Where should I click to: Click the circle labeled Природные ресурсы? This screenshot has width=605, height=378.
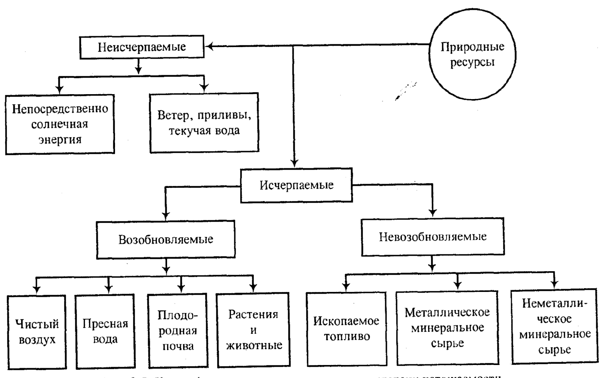pos(472,55)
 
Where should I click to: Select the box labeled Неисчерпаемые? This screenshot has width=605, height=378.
pos(142,47)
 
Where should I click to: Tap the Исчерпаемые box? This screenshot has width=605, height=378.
pos(296,185)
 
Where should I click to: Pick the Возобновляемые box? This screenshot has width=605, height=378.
pos(166,239)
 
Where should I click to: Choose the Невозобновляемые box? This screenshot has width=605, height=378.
pos(433,236)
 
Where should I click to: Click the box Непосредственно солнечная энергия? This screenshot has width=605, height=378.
pos(60,124)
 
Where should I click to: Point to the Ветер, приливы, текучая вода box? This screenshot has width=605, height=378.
pos(204,123)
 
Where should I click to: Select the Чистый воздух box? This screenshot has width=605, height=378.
pos(37,332)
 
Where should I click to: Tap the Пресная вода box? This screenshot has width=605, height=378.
pos(105,331)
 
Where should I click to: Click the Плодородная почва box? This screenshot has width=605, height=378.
pos(178,330)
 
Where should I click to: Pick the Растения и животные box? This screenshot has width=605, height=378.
pos(254,330)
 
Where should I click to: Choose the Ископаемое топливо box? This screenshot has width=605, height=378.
pos(346,329)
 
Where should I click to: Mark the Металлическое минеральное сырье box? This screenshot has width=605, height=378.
pos(447,327)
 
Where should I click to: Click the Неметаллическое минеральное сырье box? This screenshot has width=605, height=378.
pos(555,326)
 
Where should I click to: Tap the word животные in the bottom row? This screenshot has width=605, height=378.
pos(254,345)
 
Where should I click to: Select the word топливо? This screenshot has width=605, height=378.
pos(347,337)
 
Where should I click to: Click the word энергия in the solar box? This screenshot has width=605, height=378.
pos(60,139)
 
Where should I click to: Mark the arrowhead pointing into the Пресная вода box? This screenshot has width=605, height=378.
pos(109,289)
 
